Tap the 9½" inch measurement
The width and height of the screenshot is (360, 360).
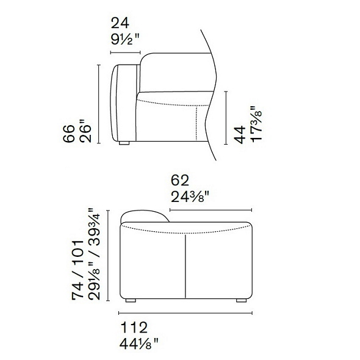click(x=125, y=40)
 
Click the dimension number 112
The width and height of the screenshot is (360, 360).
click(x=134, y=328)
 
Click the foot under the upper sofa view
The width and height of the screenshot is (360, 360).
click(x=124, y=145)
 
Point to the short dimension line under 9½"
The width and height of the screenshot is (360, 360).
click(x=126, y=52)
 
